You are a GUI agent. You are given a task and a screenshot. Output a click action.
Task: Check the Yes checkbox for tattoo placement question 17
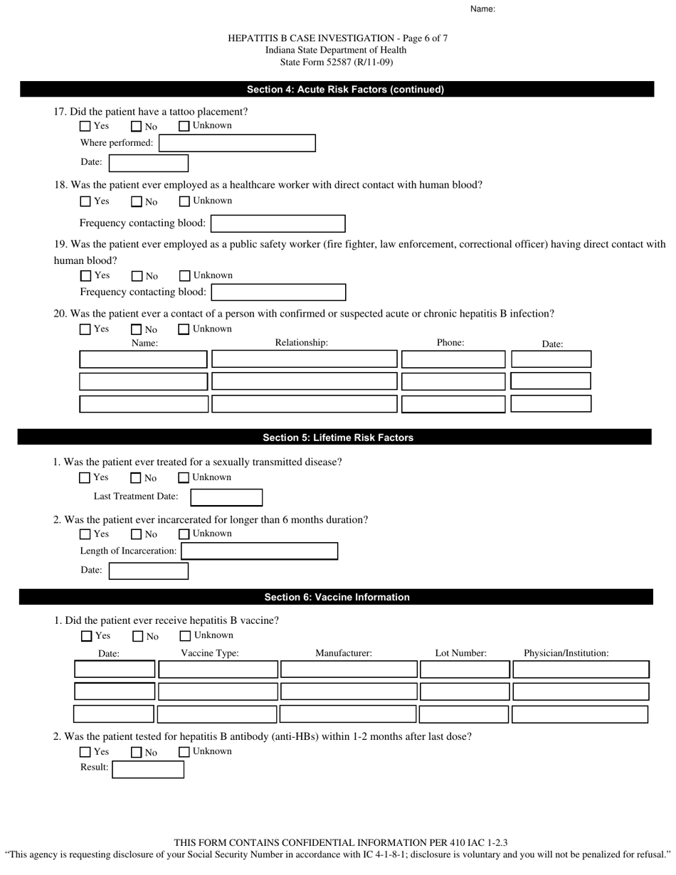pos(85,127)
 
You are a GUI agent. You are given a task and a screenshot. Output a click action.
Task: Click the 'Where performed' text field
pos(237,143)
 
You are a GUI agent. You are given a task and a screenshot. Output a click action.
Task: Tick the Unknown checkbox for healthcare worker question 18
pos(184,201)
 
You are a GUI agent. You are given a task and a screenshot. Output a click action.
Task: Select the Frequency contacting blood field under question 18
pos(278,223)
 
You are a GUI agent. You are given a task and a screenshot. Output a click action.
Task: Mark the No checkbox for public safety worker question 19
pos(137,276)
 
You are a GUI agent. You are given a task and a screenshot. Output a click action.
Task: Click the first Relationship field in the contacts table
pos(305,359)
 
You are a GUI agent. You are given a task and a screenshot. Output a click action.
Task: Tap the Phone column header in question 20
pos(450,343)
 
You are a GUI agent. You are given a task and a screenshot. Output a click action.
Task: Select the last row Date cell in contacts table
pos(551,404)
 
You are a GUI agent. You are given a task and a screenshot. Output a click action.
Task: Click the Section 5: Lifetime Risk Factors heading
pos(338,437)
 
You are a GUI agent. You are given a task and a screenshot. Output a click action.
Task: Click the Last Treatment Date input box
pos(226,497)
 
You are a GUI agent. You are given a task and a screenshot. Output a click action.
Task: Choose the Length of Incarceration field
pos(259,551)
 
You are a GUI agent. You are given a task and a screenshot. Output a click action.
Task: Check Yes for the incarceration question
pos(85,534)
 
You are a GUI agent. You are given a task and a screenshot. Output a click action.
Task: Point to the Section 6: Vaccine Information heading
pos(337,597)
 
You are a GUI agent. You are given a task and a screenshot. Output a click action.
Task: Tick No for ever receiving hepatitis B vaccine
pos(138,637)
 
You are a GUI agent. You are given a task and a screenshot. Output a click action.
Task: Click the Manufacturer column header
pos(344,653)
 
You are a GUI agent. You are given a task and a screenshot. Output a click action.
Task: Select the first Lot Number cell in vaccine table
pos(465,669)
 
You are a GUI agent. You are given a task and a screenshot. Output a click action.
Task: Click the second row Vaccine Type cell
pos(218,691)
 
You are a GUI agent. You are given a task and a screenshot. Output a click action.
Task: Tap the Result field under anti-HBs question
pos(148,769)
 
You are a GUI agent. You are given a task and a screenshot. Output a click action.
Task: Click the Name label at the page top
pos(482,9)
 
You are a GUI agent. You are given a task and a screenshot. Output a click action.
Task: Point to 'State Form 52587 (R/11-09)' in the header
pos(337,62)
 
